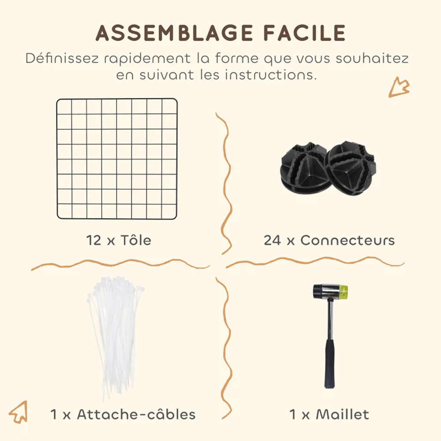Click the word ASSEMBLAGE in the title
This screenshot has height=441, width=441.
174,33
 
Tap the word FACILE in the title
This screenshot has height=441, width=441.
305,33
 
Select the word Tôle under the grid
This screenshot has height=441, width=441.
136,240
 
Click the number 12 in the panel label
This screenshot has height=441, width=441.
93,240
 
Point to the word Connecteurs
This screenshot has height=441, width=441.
348,240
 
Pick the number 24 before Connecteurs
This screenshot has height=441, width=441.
272,240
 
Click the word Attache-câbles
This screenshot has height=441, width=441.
136,414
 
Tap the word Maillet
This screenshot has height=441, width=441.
342,414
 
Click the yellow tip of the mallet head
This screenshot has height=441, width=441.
344,292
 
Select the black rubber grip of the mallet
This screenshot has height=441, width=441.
329,364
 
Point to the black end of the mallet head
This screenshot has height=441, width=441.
318,292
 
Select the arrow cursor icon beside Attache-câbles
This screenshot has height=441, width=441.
19,412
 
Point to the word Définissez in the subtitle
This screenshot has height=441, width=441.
62,58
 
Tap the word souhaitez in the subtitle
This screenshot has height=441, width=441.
372,58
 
